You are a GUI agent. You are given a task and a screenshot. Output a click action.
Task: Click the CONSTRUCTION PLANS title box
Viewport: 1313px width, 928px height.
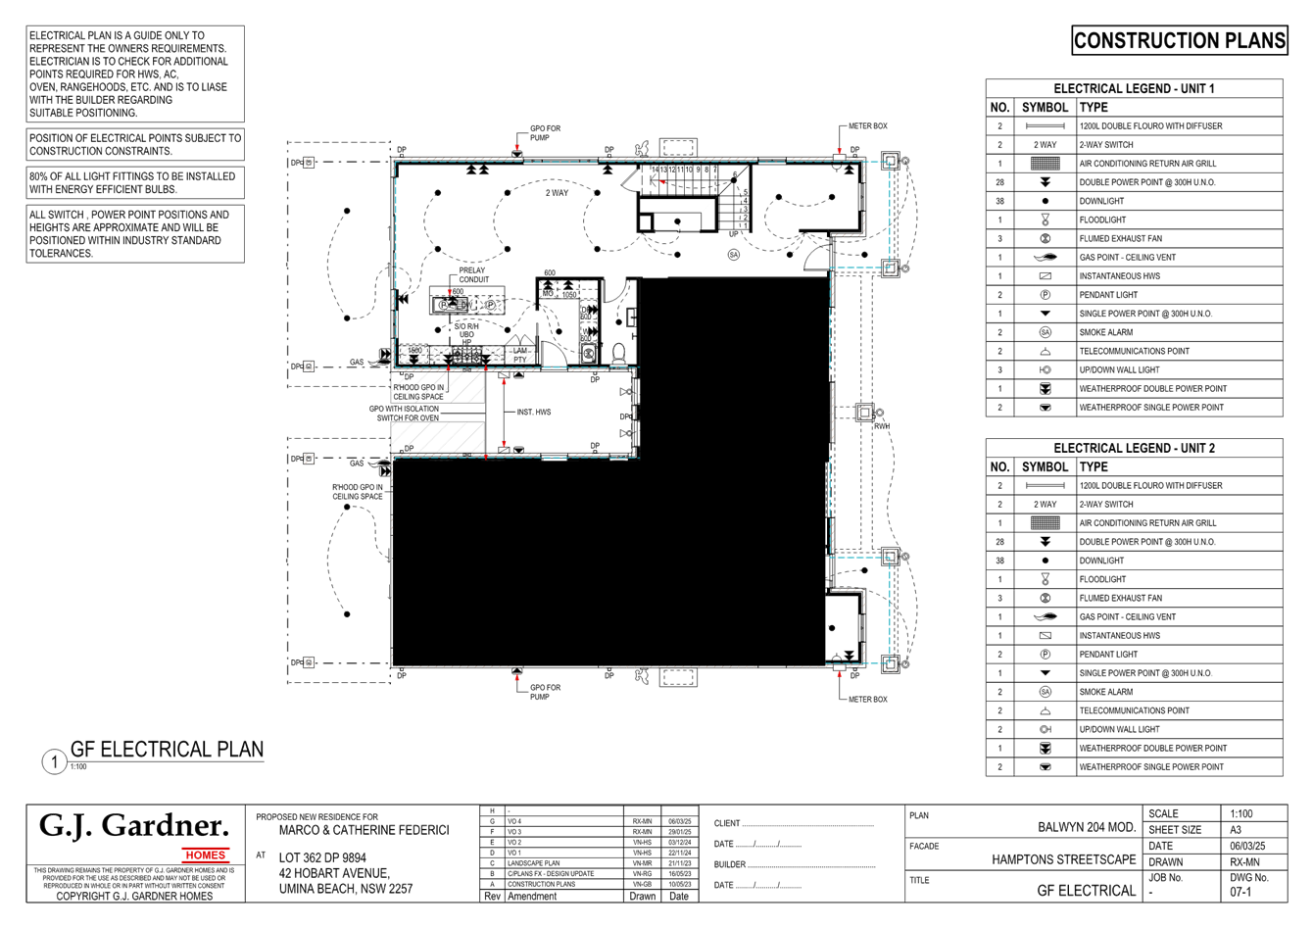click(x=1179, y=40)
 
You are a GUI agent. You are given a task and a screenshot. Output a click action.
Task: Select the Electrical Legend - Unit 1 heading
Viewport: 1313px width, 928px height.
click(x=1134, y=88)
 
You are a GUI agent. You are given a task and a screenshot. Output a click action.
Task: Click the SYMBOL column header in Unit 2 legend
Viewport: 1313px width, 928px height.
click(x=1045, y=466)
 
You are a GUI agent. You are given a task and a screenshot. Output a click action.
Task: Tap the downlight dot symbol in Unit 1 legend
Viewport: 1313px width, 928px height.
click(x=1045, y=201)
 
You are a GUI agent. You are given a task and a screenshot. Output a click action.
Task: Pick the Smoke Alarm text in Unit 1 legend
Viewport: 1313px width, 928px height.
click(x=1106, y=332)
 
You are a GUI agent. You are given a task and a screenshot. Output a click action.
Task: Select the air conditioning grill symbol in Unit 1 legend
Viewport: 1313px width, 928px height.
click(x=1045, y=164)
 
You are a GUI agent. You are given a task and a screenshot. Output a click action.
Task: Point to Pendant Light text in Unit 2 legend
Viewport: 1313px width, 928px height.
click(x=1108, y=654)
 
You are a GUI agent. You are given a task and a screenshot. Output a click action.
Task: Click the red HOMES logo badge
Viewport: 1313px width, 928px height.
click(x=206, y=855)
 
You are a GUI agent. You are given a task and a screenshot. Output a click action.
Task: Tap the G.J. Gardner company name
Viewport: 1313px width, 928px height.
click(x=133, y=826)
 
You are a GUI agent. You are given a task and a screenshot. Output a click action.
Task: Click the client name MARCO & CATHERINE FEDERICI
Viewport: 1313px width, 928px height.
click(x=364, y=830)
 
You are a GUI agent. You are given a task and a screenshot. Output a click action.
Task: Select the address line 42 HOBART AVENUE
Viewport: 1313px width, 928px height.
click(x=334, y=873)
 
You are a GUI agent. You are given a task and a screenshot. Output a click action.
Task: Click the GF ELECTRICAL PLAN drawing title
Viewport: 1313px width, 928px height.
click(x=167, y=750)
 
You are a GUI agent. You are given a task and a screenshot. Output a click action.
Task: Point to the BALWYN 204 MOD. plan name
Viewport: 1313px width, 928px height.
click(x=1086, y=827)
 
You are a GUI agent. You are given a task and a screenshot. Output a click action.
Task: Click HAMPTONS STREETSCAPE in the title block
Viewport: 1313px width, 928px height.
click(x=1063, y=859)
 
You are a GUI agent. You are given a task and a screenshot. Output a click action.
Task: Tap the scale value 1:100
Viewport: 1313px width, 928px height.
click(x=1240, y=814)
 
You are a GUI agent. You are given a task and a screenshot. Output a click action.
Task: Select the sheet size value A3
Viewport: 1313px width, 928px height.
click(x=1237, y=830)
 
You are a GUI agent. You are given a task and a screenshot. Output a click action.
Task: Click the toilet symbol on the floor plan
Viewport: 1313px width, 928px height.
click(x=618, y=350)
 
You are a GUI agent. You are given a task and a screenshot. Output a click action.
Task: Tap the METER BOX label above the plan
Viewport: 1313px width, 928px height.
click(x=867, y=127)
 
